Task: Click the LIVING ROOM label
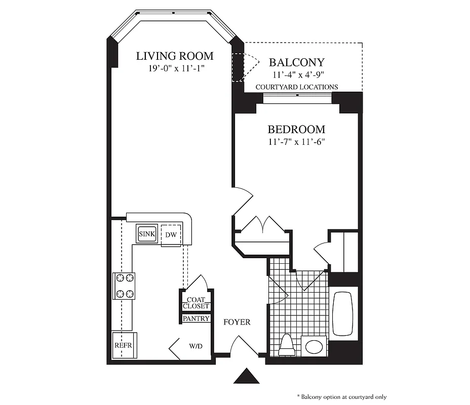[175, 56]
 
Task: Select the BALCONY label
[296, 63]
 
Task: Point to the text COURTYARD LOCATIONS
[296, 87]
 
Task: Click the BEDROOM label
[296, 130]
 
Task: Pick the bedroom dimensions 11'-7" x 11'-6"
[296, 142]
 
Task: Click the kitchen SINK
[147, 234]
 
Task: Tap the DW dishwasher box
[171, 235]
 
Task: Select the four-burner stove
[124, 286]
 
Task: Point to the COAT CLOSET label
[196, 303]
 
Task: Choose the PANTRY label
[196, 319]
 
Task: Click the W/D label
[195, 347]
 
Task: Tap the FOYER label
[237, 322]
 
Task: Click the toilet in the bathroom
[287, 346]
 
